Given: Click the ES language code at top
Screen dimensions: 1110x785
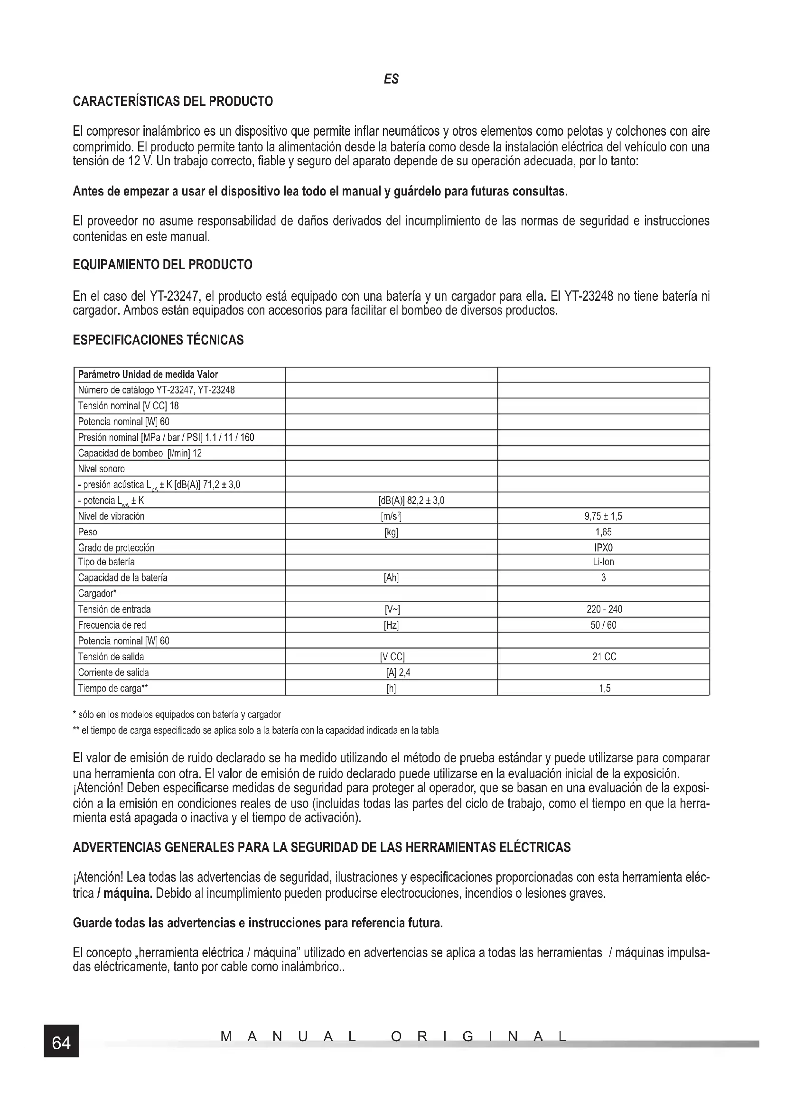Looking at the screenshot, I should pyautogui.click(x=391, y=79).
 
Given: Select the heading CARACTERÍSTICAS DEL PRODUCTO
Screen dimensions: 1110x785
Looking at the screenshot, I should pyautogui.click(x=173, y=102).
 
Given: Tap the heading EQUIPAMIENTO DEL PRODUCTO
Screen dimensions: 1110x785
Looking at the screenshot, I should pyautogui.click(x=162, y=265).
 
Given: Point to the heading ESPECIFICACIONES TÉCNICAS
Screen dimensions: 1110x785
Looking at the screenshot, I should pyautogui.click(x=158, y=340).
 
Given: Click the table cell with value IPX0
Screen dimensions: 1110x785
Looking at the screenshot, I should pyautogui.click(x=603, y=548).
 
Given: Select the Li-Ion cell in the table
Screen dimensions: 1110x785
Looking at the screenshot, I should pyautogui.click(x=603, y=562).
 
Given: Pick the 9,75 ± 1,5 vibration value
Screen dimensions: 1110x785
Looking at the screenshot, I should pyautogui.click(x=603, y=516).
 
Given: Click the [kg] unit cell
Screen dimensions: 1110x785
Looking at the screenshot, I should pyautogui.click(x=391, y=532).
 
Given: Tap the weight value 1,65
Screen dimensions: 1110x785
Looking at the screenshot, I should pyautogui.click(x=603, y=532).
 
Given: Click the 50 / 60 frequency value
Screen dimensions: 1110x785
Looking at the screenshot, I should pyautogui.click(x=603, y=625).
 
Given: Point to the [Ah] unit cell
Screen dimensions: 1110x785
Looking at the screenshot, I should pyautogui.click(x=391, y=578).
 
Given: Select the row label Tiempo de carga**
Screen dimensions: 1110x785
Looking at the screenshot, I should pyautogui.click(x=113, y=689).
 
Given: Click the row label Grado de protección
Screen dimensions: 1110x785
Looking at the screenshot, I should pyautogui.click(x=116, y=548).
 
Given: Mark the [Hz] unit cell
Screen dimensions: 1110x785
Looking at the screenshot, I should pyautogui.click(x=391, y=625).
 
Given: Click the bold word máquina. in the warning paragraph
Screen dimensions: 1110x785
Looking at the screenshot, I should pyautogui.click(x=128, y=894).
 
